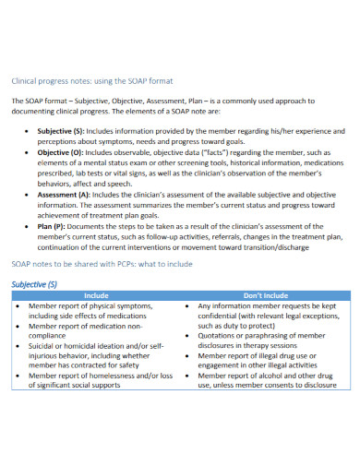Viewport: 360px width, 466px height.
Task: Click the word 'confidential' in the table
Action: tap(219, 315)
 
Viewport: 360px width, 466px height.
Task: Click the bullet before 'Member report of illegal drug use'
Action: tap(189, 355)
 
